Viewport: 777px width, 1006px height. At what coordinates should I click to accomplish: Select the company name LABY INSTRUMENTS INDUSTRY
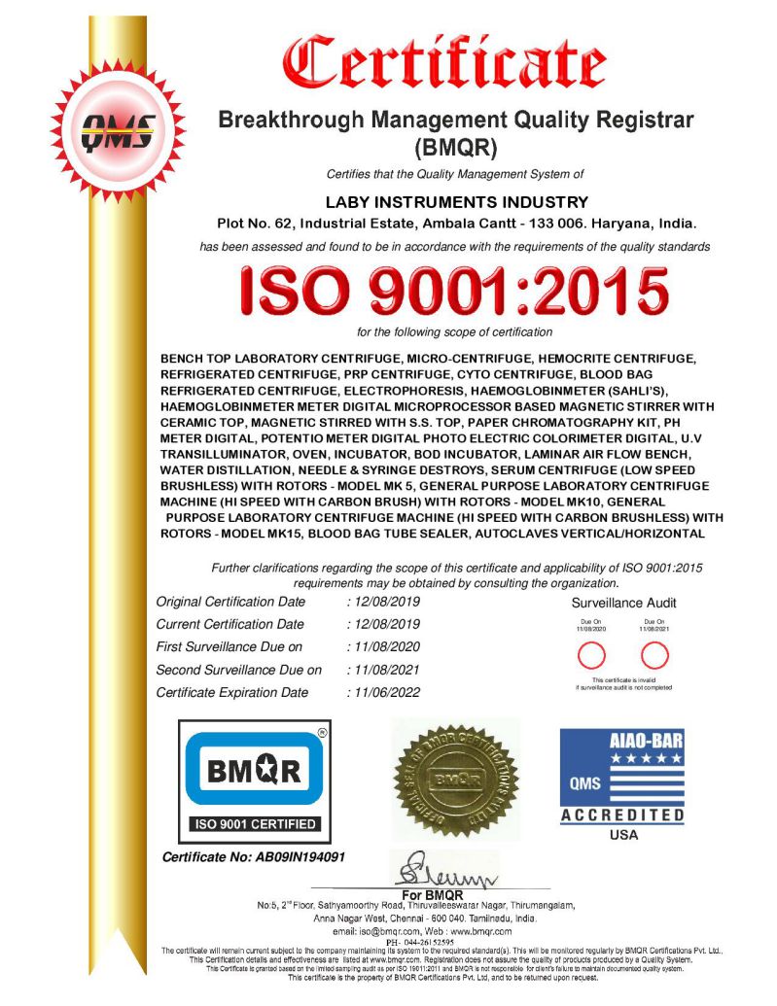[x=456, y=202]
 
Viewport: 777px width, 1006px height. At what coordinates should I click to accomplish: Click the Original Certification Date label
[x=230, y=602]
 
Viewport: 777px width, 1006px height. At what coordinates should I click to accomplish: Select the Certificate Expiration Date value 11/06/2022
[x=387, y=692]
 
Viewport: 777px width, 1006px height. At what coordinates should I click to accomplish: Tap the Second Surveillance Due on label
[x=238, y=670]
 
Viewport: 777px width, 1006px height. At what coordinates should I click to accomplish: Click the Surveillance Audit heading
[x=623, y=603]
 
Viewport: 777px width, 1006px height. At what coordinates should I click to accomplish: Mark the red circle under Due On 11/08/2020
[x=591, y=653]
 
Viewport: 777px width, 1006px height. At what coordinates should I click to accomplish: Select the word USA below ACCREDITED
[x=622, y=835]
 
